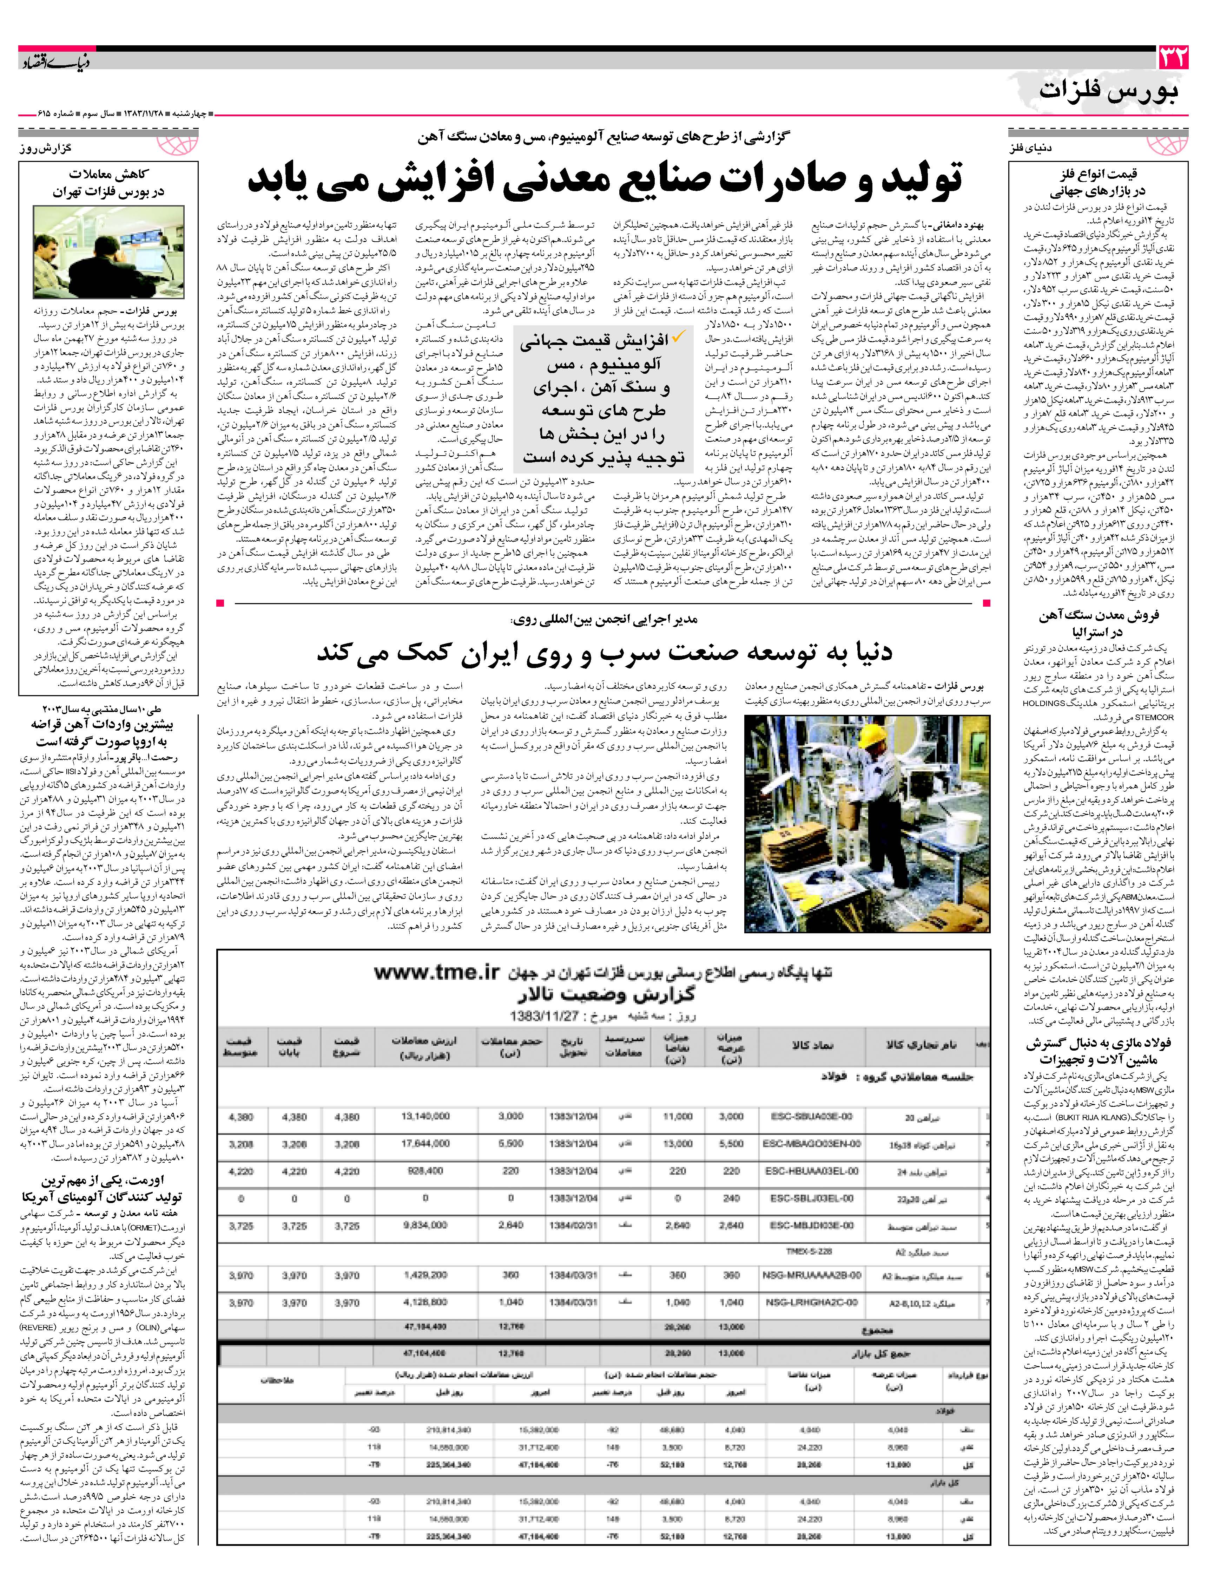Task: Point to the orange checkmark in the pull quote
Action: (678, 336)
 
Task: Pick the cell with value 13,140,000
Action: (425, 1116)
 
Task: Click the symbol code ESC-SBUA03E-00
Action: (811, 1116)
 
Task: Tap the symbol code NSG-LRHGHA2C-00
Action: (811, 1302)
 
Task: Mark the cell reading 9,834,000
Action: (425, 1225)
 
